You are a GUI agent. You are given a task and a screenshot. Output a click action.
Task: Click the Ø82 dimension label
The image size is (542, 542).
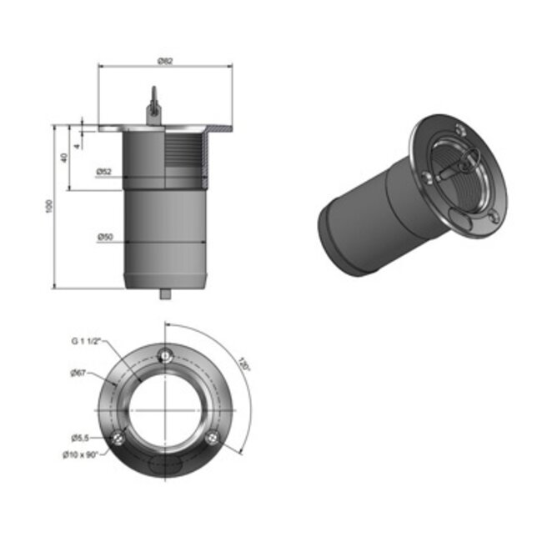click(165, 61)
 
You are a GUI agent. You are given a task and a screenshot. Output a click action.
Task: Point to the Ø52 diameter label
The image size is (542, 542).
click(104, 172)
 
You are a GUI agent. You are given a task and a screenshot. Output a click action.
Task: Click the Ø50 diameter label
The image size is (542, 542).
click(104, 238)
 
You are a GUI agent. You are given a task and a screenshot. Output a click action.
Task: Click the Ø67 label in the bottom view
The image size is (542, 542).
click(80, 374)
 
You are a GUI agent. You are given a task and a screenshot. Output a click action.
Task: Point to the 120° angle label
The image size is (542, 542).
click(243, 365)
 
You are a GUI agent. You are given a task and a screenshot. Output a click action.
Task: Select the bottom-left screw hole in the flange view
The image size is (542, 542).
click(118, 438)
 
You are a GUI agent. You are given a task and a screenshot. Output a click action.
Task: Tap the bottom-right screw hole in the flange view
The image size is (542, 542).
click(213, 438)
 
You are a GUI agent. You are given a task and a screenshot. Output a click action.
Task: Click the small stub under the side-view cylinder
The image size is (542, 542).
click(165, 294)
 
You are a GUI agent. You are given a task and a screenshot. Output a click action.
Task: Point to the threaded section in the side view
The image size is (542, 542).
click(184, 158)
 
